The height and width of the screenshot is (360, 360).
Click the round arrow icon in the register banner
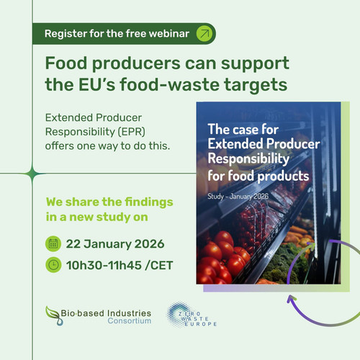(x=204, y=34)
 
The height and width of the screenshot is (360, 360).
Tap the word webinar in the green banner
(x=169, y=34)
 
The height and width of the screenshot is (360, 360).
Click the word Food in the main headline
(x=66, y=63)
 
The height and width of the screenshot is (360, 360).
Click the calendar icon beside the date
(x=53, y=244)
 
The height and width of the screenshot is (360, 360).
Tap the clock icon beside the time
(x=53, y=265)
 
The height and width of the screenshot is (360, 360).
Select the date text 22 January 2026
(x=115, y=244)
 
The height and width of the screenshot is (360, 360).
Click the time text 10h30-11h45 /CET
(x=120, y=265)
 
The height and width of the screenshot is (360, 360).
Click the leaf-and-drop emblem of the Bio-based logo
(x=53, y=315)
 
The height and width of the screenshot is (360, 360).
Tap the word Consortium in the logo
(x=130, y=321)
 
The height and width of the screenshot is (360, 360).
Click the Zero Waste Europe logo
(x=192, y=315)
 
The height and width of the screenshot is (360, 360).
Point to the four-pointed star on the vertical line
(x=32, y=174)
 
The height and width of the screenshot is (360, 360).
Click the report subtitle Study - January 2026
(x=238, y=197)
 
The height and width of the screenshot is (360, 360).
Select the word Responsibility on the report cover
(x=248, y=159)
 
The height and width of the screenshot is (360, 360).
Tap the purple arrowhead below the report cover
(x=292, y=299)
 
